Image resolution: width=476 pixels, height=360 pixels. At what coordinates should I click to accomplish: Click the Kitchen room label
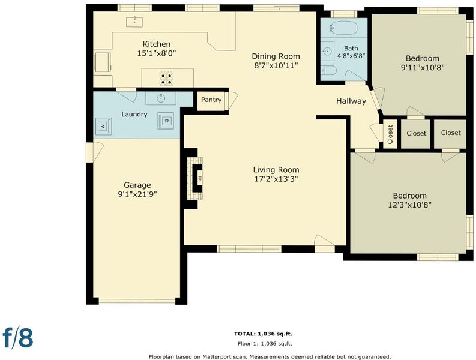point(157,44)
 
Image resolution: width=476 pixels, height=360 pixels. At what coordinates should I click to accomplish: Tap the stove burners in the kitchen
point(167,78)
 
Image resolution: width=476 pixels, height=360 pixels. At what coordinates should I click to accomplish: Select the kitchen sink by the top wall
point(134,22)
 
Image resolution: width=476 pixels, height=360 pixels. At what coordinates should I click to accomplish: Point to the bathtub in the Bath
point(343,28)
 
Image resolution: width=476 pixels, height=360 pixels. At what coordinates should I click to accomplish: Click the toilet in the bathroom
point(328,70)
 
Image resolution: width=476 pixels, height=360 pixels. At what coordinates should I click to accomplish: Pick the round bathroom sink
point(327,52)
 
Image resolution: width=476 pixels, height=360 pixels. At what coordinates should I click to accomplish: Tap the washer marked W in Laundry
point(103,126)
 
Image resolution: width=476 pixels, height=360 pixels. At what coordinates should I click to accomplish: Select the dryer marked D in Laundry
point(166,121)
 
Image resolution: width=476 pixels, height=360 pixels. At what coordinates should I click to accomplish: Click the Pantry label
point(211,100)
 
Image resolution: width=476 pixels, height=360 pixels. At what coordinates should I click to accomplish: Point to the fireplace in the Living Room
point(194,178)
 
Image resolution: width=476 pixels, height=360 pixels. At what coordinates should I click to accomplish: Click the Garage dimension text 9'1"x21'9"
point(137,194)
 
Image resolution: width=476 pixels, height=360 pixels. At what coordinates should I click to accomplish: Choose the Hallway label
point(351,101)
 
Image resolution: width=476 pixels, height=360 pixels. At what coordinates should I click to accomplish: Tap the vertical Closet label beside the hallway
point(390,134)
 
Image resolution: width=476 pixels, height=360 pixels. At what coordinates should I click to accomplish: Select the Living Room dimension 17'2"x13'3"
point(276,179)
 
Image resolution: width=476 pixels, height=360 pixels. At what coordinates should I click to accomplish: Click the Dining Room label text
point(276,56)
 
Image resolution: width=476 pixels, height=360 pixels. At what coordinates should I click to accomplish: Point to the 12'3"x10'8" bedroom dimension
point(410,205)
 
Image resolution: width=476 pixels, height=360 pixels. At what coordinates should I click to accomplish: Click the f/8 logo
point(18,337)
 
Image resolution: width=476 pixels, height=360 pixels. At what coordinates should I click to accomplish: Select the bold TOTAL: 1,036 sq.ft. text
point(263,334)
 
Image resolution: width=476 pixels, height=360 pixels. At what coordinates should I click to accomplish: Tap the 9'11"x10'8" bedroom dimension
point(423,67)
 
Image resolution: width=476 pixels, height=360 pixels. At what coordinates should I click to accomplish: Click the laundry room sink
point(161,98)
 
